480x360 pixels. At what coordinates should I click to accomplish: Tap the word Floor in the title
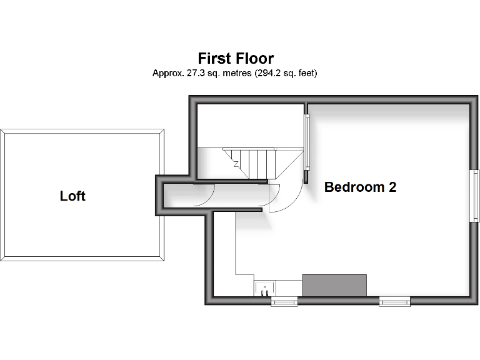(254, 59)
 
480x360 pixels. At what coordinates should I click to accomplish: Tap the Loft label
(72, 196)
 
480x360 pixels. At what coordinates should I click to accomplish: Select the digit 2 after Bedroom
(392, 187)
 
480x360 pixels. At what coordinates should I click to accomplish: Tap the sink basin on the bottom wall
(264, 288)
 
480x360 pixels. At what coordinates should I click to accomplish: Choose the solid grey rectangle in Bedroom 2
(334, 284)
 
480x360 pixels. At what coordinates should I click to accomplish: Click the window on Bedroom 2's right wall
(475, 196)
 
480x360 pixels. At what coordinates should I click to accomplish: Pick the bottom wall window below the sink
(284, 302)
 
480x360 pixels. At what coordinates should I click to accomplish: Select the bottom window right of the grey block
(395, 302)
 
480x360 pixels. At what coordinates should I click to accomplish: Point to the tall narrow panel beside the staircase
(306, 142)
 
